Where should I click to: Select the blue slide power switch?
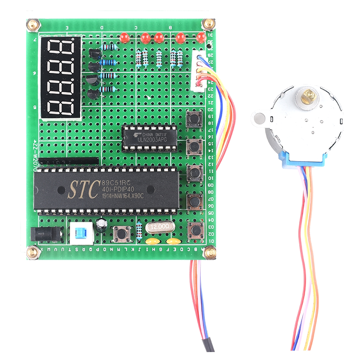pos(81,234)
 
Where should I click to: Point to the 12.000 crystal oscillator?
pos(161,227)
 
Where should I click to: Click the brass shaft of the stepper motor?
pos(310,95)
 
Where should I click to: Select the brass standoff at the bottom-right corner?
pos(209,253)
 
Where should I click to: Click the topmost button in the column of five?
pos(194,118)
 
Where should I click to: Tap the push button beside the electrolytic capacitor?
pos(121,233)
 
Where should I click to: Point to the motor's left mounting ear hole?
pos(259,118)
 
